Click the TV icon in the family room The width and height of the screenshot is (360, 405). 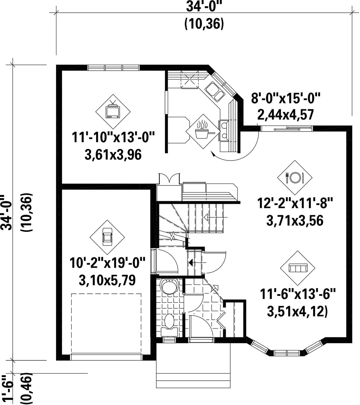point(113,111)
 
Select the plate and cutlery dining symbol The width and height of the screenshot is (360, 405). point(295,177)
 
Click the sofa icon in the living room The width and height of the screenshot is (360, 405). point(298,268)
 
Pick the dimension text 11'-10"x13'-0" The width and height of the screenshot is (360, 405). point(113,138)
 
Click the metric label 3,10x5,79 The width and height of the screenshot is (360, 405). point(107,280)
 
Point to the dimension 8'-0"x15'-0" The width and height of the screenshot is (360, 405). point(286,98)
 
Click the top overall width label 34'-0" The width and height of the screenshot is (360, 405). point(204,7)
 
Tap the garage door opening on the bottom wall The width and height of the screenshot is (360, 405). point(106,357)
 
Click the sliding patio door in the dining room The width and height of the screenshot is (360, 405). point(287,128)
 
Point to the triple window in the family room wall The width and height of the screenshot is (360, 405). point(113,68)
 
